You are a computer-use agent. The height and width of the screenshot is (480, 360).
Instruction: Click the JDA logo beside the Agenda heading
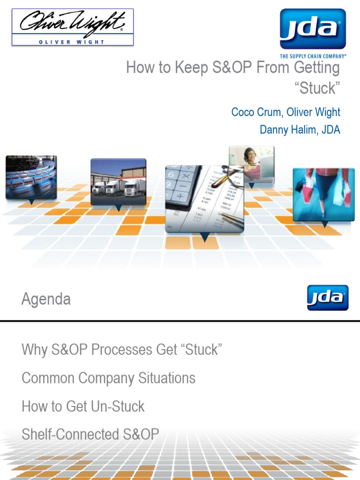[x=328, y=297]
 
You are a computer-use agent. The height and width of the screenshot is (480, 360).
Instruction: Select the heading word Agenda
[x=46, y=299]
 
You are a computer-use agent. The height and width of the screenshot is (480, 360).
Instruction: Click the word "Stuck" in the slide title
[x=316, y=88]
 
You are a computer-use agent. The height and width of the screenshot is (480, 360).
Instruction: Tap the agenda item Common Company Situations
[x=108, y=378]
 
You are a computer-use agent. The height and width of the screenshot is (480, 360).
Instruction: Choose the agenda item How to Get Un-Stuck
[x=83, y=406]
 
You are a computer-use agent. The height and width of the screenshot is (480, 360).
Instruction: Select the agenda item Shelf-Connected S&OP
[x=90, y=434]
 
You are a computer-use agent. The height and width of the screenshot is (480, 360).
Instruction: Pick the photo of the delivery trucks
[x=118, y=181]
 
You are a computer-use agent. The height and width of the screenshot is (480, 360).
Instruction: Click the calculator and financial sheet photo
[x=204, y=198]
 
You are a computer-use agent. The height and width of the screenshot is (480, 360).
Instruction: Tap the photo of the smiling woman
[x=251, y=164]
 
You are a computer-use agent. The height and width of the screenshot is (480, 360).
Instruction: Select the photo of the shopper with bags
[x=323, y=194]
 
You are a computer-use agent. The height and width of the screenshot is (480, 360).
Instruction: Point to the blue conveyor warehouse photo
[x=31, y=176]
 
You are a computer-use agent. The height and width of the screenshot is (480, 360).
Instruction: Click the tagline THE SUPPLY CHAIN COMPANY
[x=313, y=56]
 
